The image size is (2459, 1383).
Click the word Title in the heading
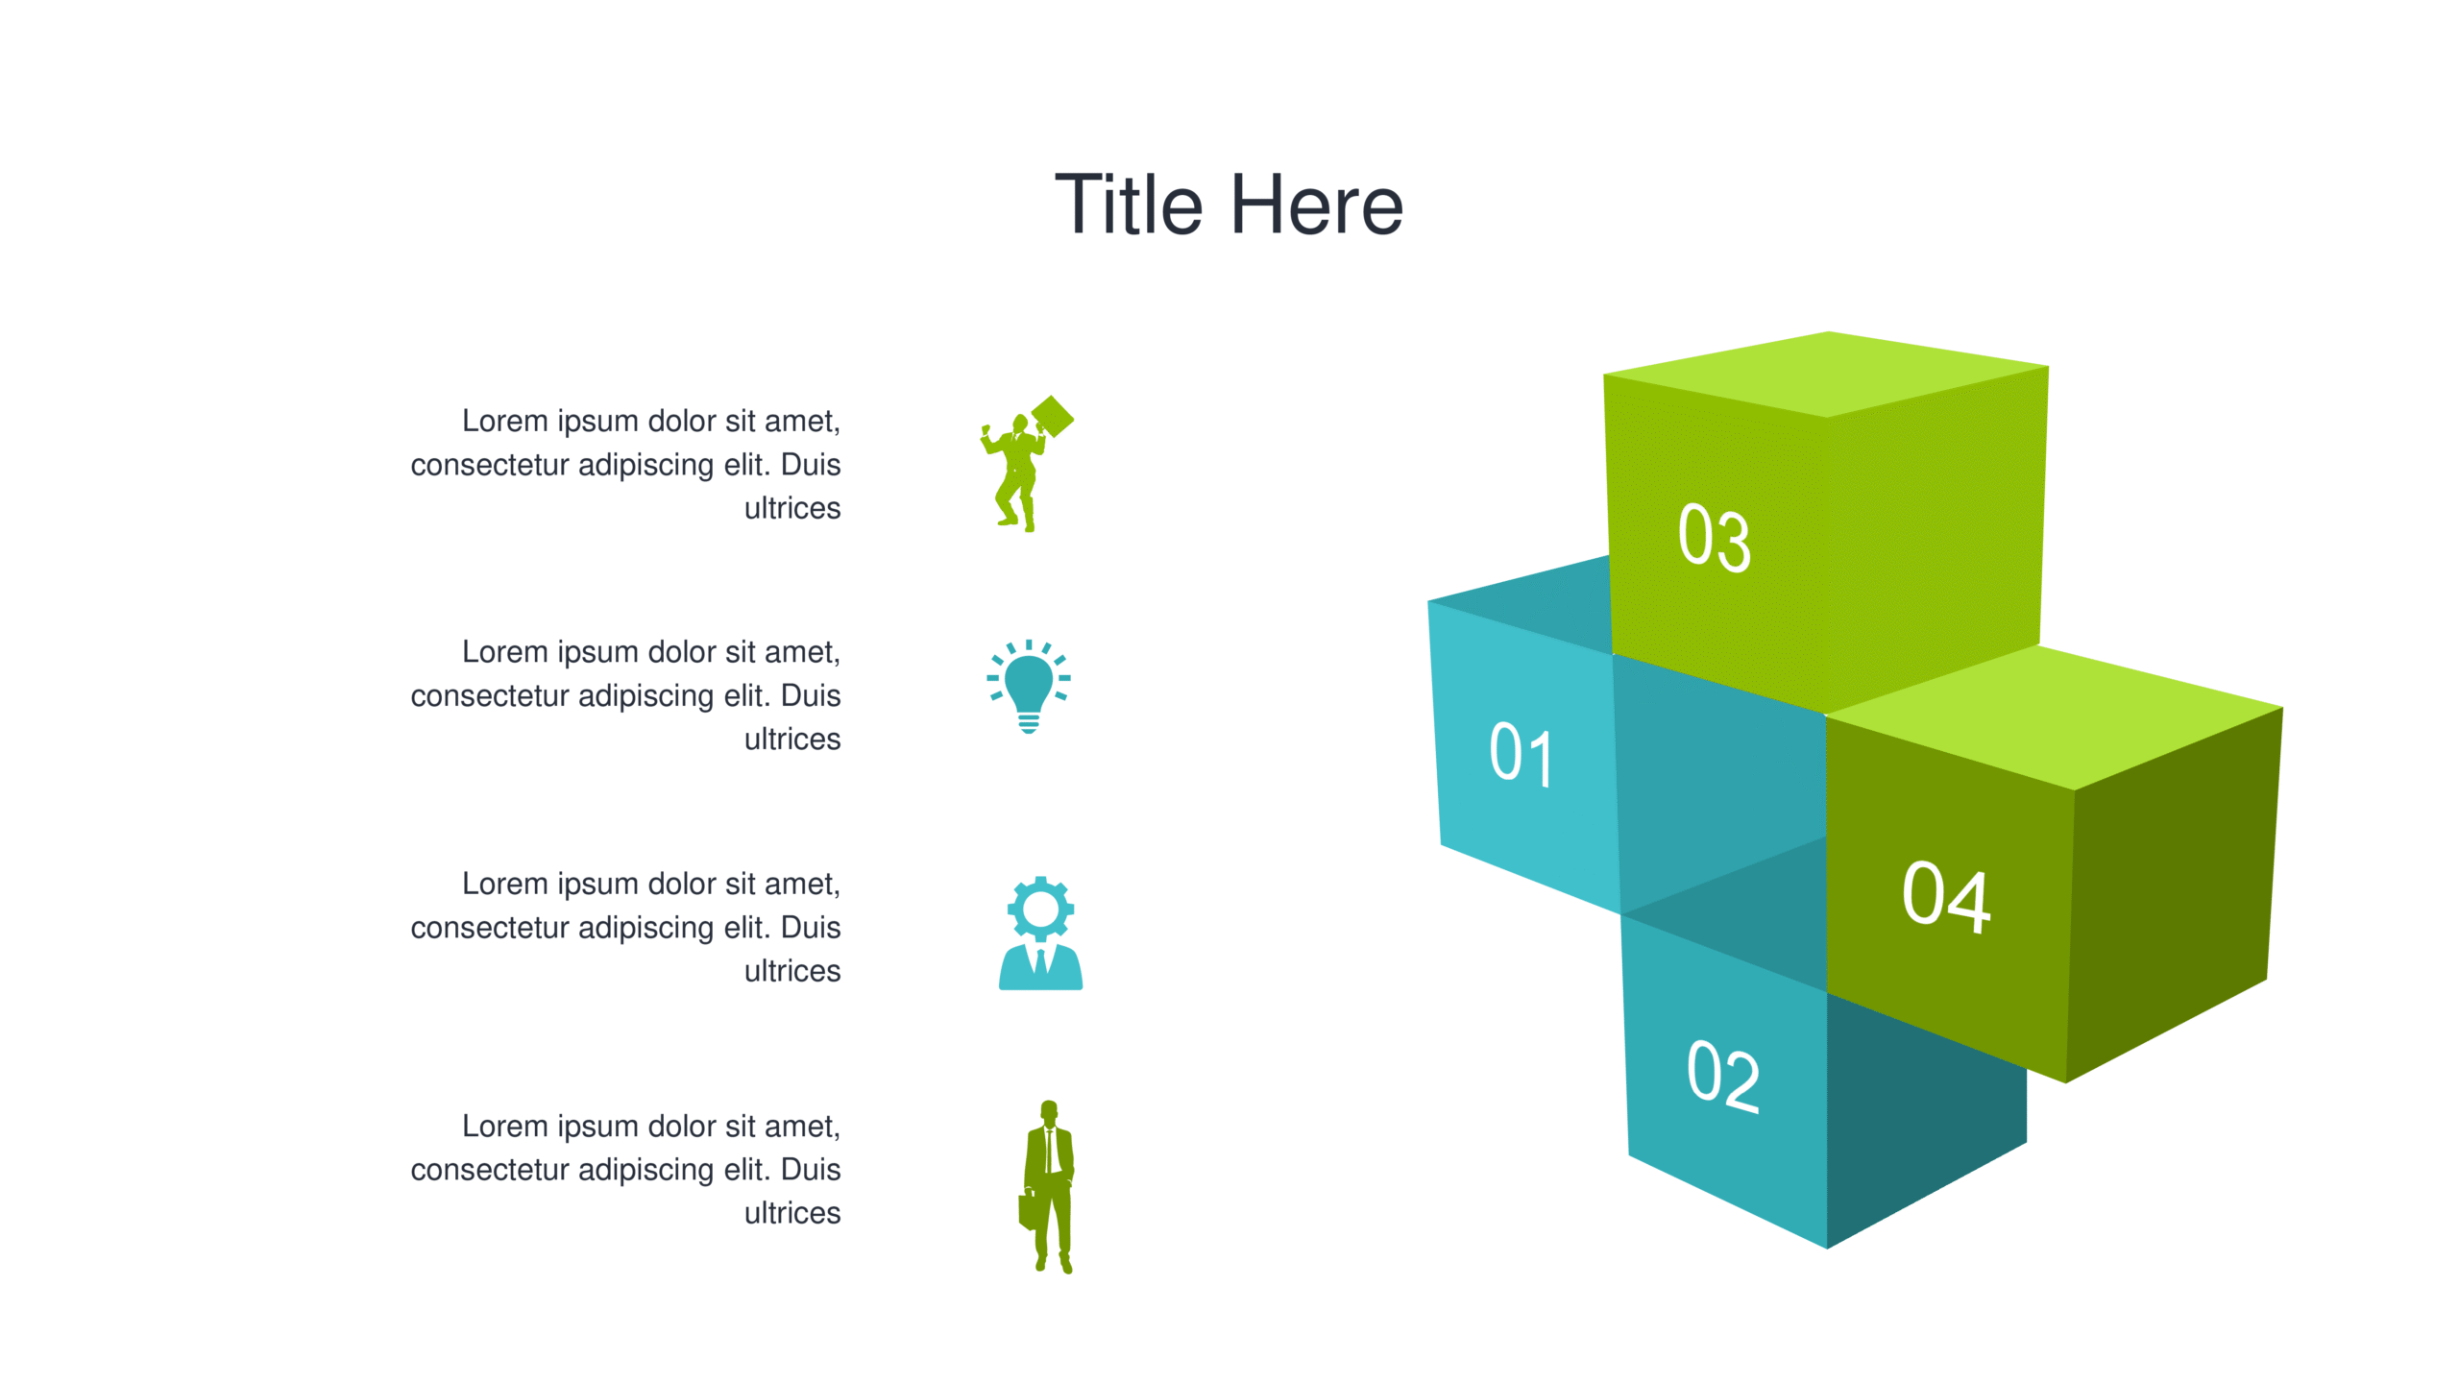[1129, 205]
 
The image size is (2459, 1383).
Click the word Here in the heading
[1317, 205]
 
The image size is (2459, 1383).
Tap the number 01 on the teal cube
[1521, 755]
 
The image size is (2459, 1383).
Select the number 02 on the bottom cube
[1723, 1075]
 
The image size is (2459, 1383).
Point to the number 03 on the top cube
[1715, 538]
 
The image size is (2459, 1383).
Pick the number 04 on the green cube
[1947, 897]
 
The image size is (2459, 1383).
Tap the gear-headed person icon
[1040, 933]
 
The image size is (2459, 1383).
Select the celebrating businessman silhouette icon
[1026, 464]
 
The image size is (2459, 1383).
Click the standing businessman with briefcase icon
[1048, 1187]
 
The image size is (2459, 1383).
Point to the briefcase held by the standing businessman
[1027, 1210]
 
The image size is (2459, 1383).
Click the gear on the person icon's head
[1040, 909]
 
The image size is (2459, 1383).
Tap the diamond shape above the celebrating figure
[1052, 417]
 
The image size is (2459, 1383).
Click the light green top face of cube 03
[1826, 375]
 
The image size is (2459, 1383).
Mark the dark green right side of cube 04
[2173, 893]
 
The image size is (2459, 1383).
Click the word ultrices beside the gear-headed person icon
[792, 971]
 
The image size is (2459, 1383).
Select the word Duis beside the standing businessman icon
[811, 1169]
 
